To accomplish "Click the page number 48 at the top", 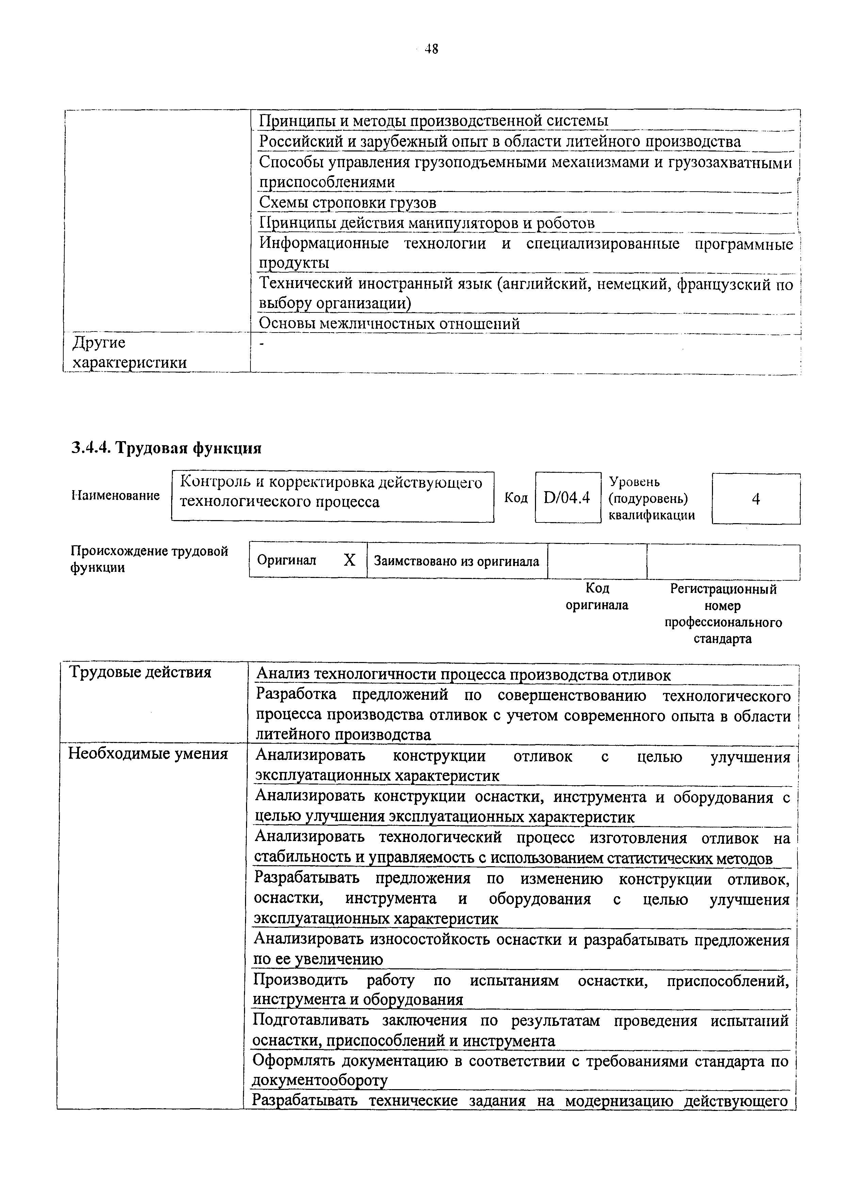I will point(431,49).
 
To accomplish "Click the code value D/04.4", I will point(567,498).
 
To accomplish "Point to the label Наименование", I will point(115,495).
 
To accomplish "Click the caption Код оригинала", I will point(597,596).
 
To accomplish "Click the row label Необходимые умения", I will point(148,754).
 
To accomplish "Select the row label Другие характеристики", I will point(129,353).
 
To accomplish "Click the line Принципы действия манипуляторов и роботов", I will point(426,223).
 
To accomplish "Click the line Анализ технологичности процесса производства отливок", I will point(463,675).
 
